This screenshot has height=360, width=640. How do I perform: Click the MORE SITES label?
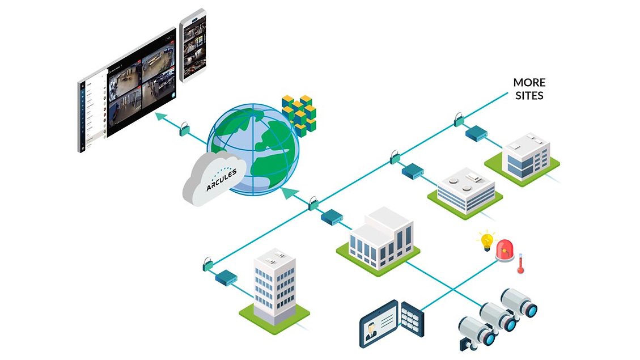[x=529, y=89]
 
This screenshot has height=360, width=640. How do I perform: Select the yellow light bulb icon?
[x=486, y=240]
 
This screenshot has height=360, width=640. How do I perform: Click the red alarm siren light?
[x=506, y=249]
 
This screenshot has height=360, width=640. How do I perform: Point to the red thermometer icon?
[x=520, y=264]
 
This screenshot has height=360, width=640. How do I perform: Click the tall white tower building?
[x=274, y=286]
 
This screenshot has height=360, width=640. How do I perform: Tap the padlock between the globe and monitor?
[x=183, y=129]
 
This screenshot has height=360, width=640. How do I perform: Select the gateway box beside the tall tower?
[x=226, y=278]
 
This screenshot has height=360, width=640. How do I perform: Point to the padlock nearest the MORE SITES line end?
[x=458, y=120]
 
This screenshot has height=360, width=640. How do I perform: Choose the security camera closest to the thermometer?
[x=518, y=303]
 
